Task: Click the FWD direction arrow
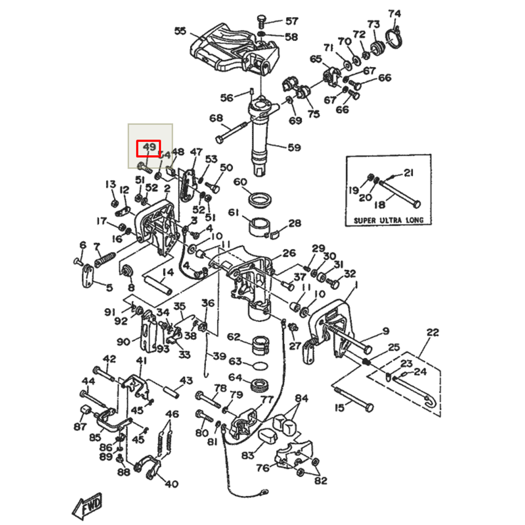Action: click(x=87, y=506)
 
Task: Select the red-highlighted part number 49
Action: click(x=149, y=148)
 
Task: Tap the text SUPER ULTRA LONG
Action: click(x=388, y=220)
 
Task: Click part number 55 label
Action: click(x=180, y=31)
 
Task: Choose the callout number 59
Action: click(x=294, y=148)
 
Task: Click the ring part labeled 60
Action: click(x=259, y=199)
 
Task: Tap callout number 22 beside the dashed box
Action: click(x=432, y=332)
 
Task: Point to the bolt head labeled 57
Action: click(x=260, y=19)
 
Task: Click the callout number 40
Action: click(x=172, y=484)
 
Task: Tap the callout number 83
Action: click(x=246, y=455)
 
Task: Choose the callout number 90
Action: click(x=123, y=342)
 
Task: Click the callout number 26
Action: click(x=289, y=254)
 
